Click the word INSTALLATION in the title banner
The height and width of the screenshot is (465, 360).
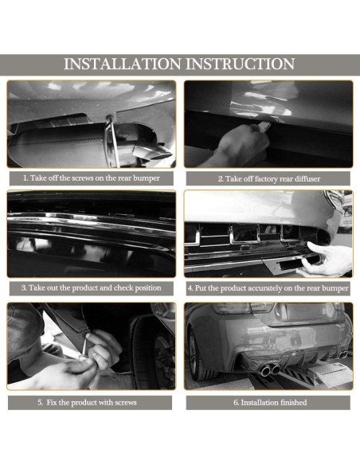[122, 64]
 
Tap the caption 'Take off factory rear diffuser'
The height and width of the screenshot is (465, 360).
[268, 178]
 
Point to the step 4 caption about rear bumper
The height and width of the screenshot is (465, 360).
[268, 287]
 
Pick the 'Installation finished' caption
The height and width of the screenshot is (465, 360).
[268, 402]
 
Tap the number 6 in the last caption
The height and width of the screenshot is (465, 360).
[235, 402]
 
